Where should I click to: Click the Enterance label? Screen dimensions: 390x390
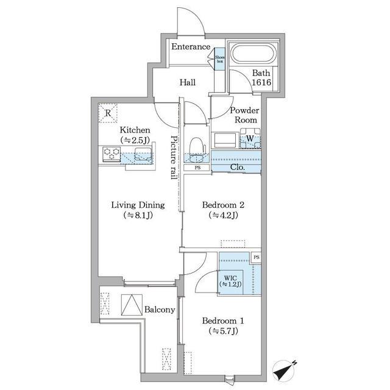point(191,47)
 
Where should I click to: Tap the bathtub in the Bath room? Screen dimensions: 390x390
point(253,53)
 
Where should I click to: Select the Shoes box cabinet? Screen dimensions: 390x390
point(219,59)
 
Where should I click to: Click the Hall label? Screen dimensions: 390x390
point(188,82)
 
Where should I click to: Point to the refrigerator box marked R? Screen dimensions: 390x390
point(108,113)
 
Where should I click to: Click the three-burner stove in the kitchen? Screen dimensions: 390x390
point(112,154)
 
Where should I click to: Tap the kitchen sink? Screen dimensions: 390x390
point(143,154)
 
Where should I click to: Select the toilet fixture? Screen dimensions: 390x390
point(197,150)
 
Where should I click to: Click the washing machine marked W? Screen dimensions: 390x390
point(250,138)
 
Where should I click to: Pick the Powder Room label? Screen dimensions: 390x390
point(244,115)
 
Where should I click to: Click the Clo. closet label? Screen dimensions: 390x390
point(238,167)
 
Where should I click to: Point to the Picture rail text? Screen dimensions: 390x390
point(174,157)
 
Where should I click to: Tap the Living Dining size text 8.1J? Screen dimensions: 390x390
point(138,215)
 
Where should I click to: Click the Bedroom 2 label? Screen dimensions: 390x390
point(223,205)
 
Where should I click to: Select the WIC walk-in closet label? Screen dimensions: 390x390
point(230,278)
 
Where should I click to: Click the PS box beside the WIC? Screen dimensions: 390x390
point(256,257)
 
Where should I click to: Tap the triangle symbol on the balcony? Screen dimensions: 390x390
point(132,305)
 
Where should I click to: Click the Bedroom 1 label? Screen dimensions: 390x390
point(223,321)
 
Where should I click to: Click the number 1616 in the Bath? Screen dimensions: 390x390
point(261,82)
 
